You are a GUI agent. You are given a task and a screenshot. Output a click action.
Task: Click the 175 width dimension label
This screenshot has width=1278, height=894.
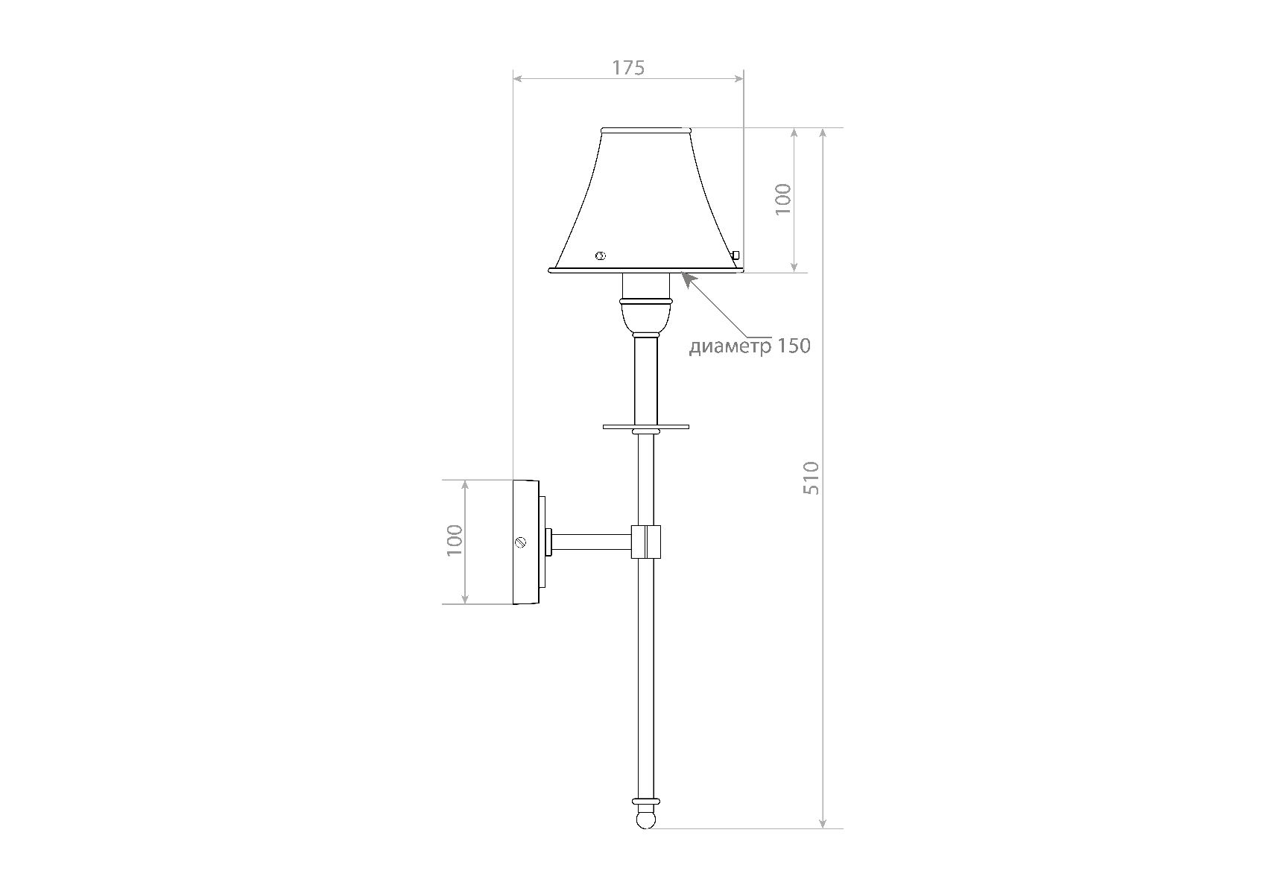[x=628, y=68]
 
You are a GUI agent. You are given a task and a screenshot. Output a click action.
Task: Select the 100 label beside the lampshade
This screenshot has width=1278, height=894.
[x=782, y=199]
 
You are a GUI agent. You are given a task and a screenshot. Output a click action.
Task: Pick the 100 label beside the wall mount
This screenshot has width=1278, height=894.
[x=455, y=540]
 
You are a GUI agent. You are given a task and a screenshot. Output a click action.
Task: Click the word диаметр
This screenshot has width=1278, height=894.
[x=730, y=346]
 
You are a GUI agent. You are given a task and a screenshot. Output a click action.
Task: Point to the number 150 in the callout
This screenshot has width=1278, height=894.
[x=794, y=346]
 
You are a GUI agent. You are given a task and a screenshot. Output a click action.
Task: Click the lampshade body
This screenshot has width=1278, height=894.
[x=646, y=201]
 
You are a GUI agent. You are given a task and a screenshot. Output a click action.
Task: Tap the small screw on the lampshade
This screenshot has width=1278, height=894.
[x=601, y=256]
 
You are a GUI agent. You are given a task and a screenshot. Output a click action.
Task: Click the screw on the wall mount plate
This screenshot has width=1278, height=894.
[x=522, y=542]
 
